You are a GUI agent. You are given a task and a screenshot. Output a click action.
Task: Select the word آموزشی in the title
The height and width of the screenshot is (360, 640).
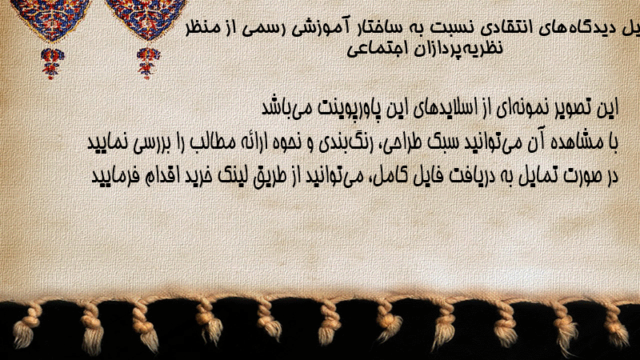[319, 28]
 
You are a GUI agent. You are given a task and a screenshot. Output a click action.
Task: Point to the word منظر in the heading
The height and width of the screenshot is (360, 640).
[203, 28]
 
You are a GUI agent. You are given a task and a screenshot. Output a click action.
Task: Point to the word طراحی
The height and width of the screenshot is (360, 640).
[402, 143]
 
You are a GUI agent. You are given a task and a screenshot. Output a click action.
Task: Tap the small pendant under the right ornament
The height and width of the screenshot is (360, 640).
[148, 63]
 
